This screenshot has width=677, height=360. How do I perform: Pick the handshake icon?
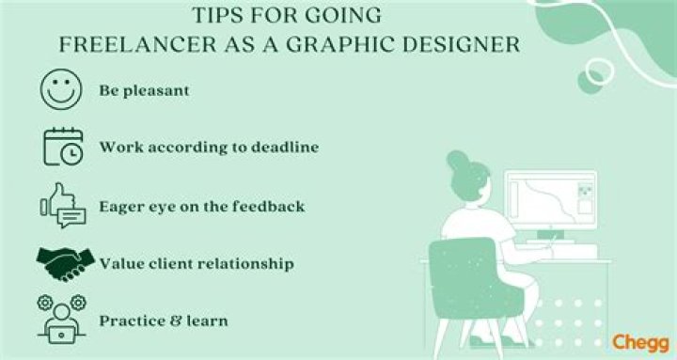[x=63, y=263]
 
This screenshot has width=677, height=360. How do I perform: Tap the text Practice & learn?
[x=164, y=321]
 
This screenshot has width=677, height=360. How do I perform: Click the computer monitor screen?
[x=550, y=201]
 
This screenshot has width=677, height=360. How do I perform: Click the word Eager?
[x=120, y=206]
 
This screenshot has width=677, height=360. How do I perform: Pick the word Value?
[x=120, y=264]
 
